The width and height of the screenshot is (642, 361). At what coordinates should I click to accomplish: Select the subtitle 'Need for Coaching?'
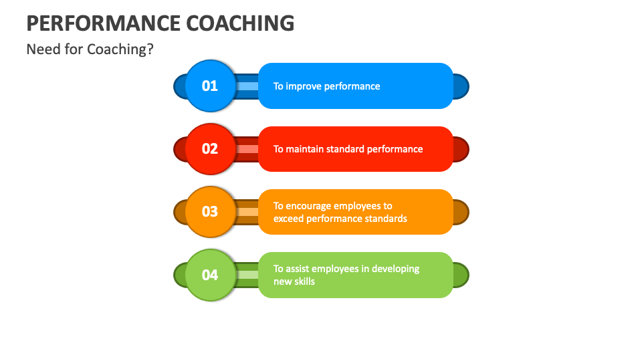coord(90,49)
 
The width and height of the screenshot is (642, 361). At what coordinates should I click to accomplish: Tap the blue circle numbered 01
coord(210,86)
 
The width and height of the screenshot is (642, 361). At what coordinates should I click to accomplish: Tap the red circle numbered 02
coord(210,148)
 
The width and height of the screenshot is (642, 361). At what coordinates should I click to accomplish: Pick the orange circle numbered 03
coord(210,211)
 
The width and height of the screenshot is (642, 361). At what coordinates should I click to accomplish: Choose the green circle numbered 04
coord(210,275)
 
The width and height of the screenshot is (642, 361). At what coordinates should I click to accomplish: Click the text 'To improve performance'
coord(326,86)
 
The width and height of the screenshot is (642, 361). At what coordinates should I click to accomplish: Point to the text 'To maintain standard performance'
coord(348,149)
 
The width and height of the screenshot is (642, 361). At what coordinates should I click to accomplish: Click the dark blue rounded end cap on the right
coord(461,86)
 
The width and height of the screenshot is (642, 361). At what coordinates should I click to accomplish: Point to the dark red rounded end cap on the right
coord(461,149)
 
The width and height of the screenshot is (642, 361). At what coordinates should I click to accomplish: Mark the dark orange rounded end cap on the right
coord(461,212)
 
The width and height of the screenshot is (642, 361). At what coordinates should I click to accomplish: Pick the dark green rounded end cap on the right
coord(461,275)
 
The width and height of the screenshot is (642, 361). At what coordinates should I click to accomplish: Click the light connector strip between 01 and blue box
coord(247,86)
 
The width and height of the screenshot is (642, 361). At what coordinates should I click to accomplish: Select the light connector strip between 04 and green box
coord(247,275)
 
